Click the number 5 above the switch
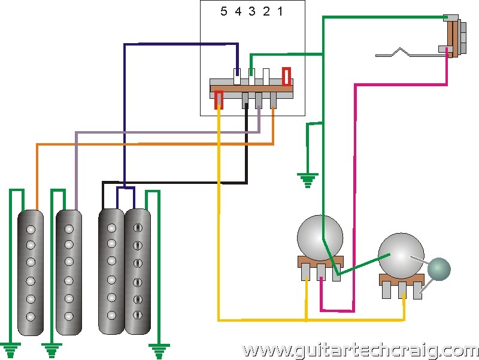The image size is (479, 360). click(223, 11)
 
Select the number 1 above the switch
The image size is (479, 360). click(280, 11)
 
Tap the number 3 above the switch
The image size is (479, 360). click(251, 11)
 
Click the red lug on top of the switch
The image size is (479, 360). click(286, 77)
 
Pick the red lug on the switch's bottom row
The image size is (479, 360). click(219, 99)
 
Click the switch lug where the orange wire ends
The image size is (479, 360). click(273, 101)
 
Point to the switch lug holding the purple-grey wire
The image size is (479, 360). click(259, 101)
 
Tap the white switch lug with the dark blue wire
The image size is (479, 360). click(237, 77)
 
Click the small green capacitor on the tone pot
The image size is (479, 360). click(439, 269)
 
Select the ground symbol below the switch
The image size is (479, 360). click(308, 180)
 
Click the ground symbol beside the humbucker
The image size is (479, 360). click(159, 351)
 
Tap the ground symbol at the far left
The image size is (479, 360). click(11, 350)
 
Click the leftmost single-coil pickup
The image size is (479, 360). click(31, 273)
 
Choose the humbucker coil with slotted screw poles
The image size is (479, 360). click(138, 271)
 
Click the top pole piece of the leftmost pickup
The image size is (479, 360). click(31, 229)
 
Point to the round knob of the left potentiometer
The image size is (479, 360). click(320, 238)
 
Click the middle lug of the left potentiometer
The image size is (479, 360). click(321, 272)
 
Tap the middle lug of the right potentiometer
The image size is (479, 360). click(402, 291)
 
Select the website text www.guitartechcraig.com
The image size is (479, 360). click(360, 351)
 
